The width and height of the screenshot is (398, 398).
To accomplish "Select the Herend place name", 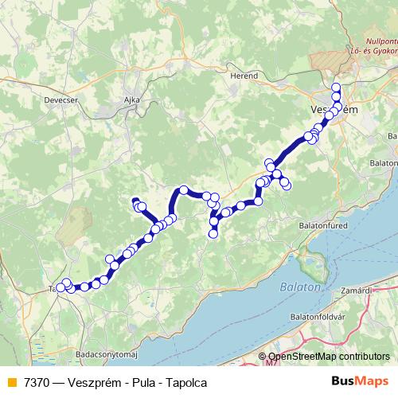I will click(244, 75).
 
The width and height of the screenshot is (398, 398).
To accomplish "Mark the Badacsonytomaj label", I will click(106, 353).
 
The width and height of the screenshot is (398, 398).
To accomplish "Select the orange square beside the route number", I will click(10, 383).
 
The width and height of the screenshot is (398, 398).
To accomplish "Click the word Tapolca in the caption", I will click(187, 383).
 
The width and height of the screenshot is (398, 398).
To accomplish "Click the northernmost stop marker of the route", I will click(336, 88).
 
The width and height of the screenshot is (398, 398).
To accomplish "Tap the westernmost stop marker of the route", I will click(60, 287).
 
